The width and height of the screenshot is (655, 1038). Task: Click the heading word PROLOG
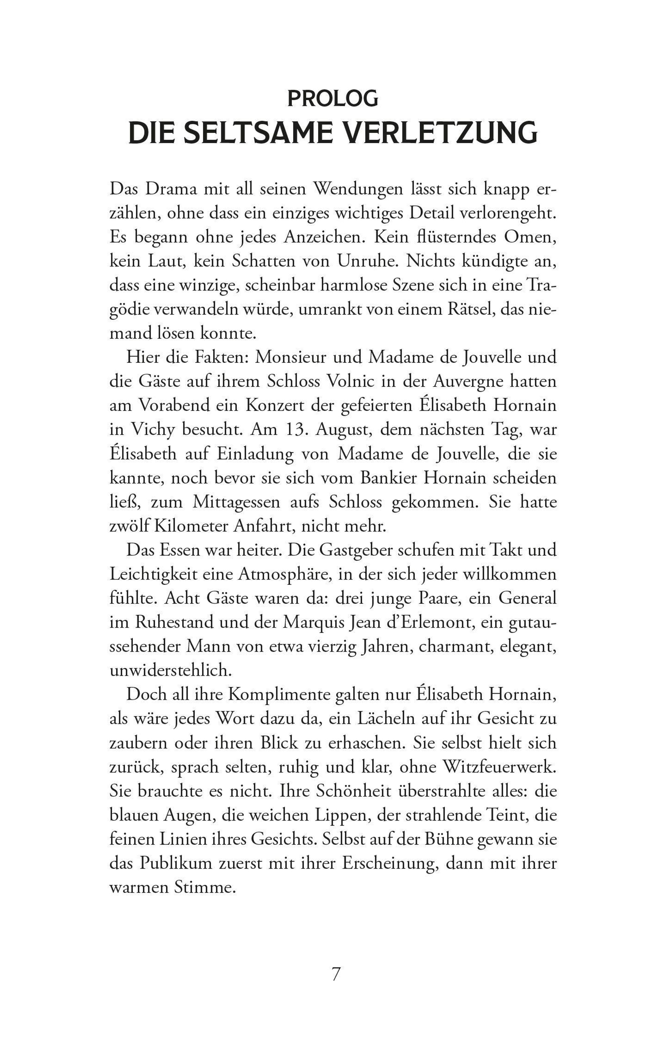pyautogui.click(x=333, y=99)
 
